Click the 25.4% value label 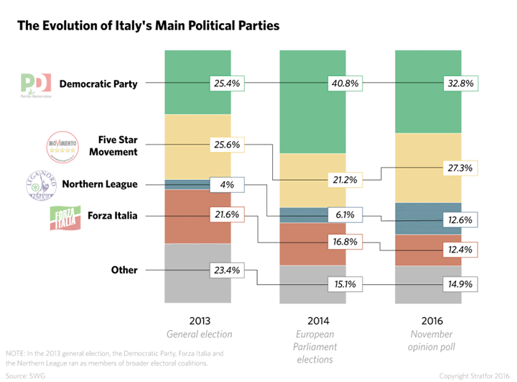point(228,83)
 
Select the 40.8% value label point(344,83)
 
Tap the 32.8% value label point(460,83)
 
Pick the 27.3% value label point(460,168)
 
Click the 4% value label point(228,185)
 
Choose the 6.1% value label point(344,214)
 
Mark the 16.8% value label point(344,242)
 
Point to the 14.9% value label point(460,284)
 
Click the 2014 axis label point(313,321)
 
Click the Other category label point(124,270)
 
